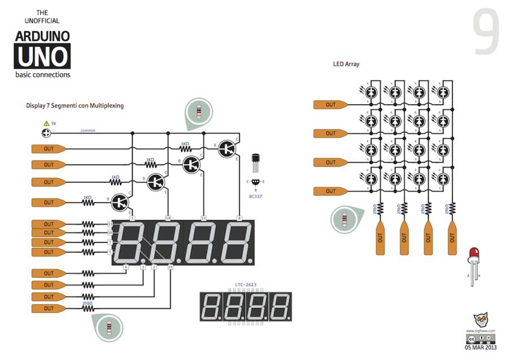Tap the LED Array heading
(x=346, y=64)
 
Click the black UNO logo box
(x=42, y=57)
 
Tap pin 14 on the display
(x=168, y=218)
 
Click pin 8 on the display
(x=239, y=218)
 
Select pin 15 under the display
(x=170, y=267)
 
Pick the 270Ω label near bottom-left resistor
(x=88, y=303)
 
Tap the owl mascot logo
(x=480, y=320)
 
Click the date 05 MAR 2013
(x=480, y=348)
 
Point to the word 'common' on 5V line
(x=88, y=131)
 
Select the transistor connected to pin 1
(x=121, y=201)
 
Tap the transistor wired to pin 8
(x=228, y=148)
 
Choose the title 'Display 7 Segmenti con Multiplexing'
(x=75, y=105)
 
